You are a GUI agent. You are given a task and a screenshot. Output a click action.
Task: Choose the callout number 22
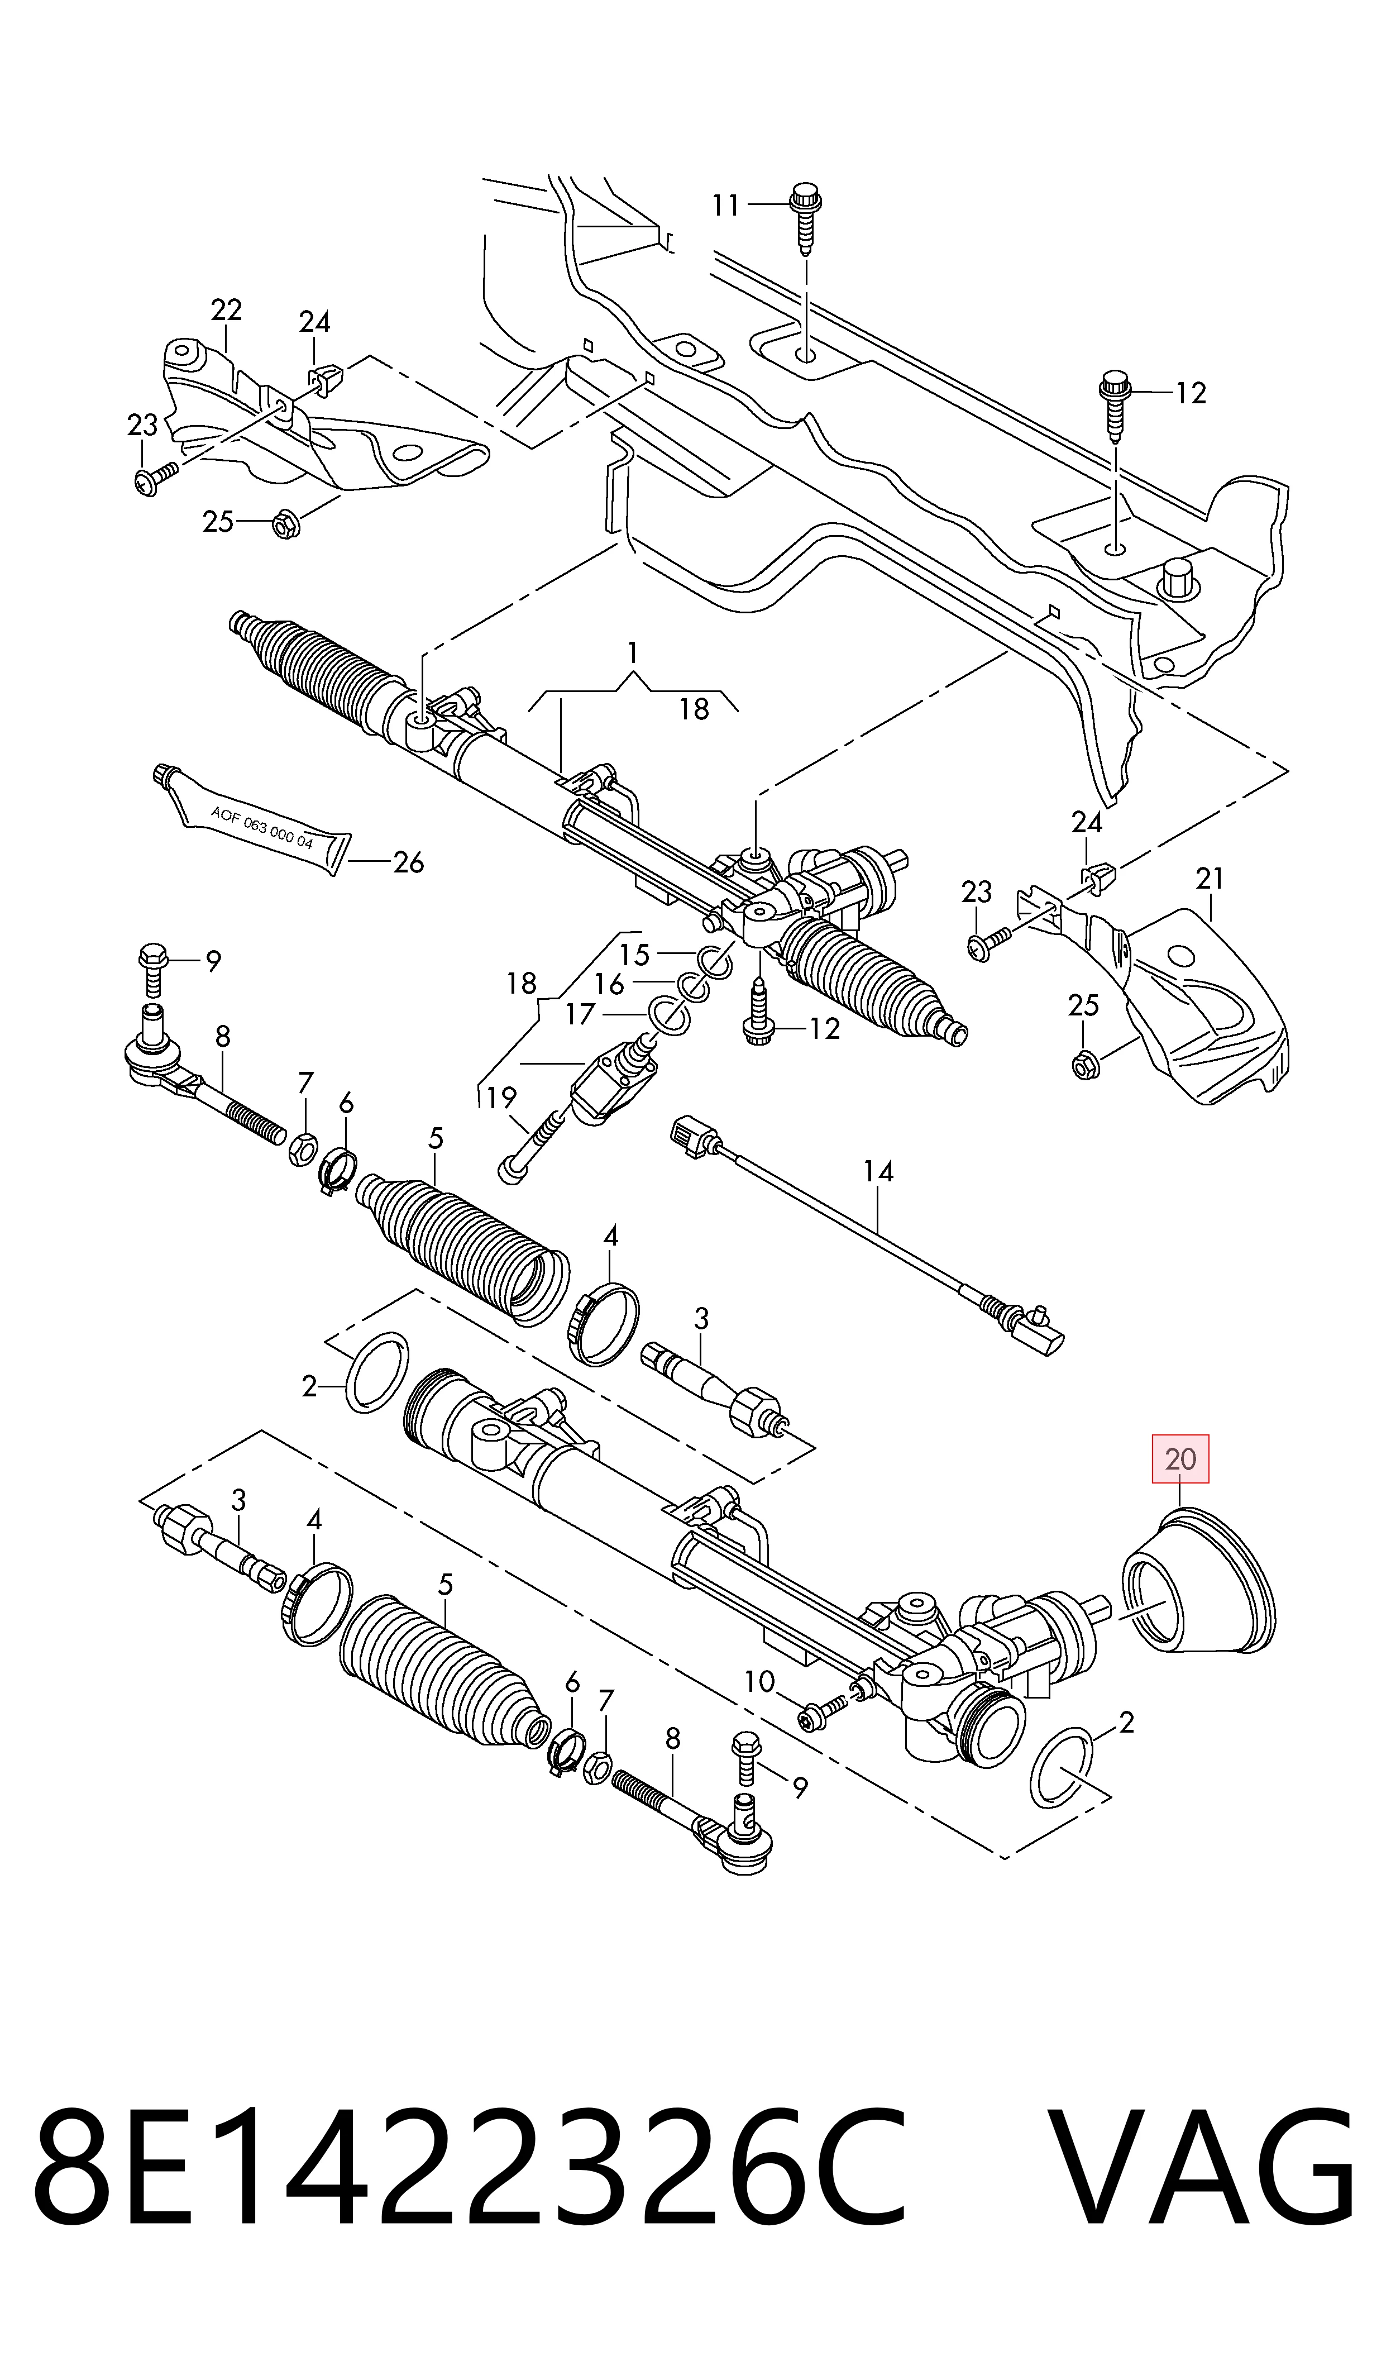[226, 309]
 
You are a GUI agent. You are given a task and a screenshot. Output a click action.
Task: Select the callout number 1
[634, 651]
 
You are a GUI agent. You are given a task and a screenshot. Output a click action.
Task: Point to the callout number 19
[501, 1096]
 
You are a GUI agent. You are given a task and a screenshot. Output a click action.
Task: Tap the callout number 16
[609, 984]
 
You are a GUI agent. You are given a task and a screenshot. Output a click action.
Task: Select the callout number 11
[725, 204]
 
